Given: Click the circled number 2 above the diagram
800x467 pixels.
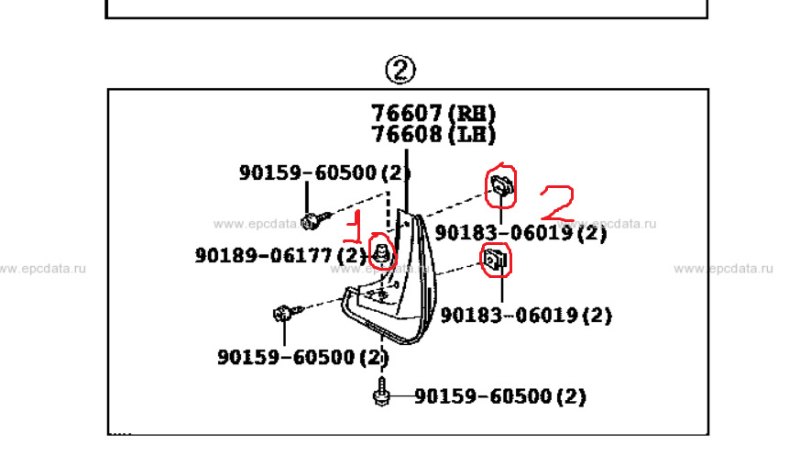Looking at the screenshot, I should coord(400,69).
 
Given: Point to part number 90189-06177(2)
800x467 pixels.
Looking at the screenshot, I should coord(279,255).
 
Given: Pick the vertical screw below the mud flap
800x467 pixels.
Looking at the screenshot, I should coord(381,389).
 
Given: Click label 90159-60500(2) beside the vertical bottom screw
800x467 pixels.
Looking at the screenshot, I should coord(499,396).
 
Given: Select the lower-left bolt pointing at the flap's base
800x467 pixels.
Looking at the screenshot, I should coord(283,314).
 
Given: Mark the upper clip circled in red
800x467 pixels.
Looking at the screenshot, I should coord(500,186).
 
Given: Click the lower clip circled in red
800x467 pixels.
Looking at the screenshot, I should coord(496,261).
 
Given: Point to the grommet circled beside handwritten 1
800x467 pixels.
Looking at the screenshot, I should coord(380,250).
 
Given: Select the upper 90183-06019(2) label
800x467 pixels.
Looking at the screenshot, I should coord(521,233).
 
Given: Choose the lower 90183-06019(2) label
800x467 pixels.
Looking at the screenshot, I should coord(526,315).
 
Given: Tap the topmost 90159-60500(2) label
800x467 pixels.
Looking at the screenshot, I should coord(324,172).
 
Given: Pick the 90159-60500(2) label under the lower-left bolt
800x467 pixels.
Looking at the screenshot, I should coord(302,356).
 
